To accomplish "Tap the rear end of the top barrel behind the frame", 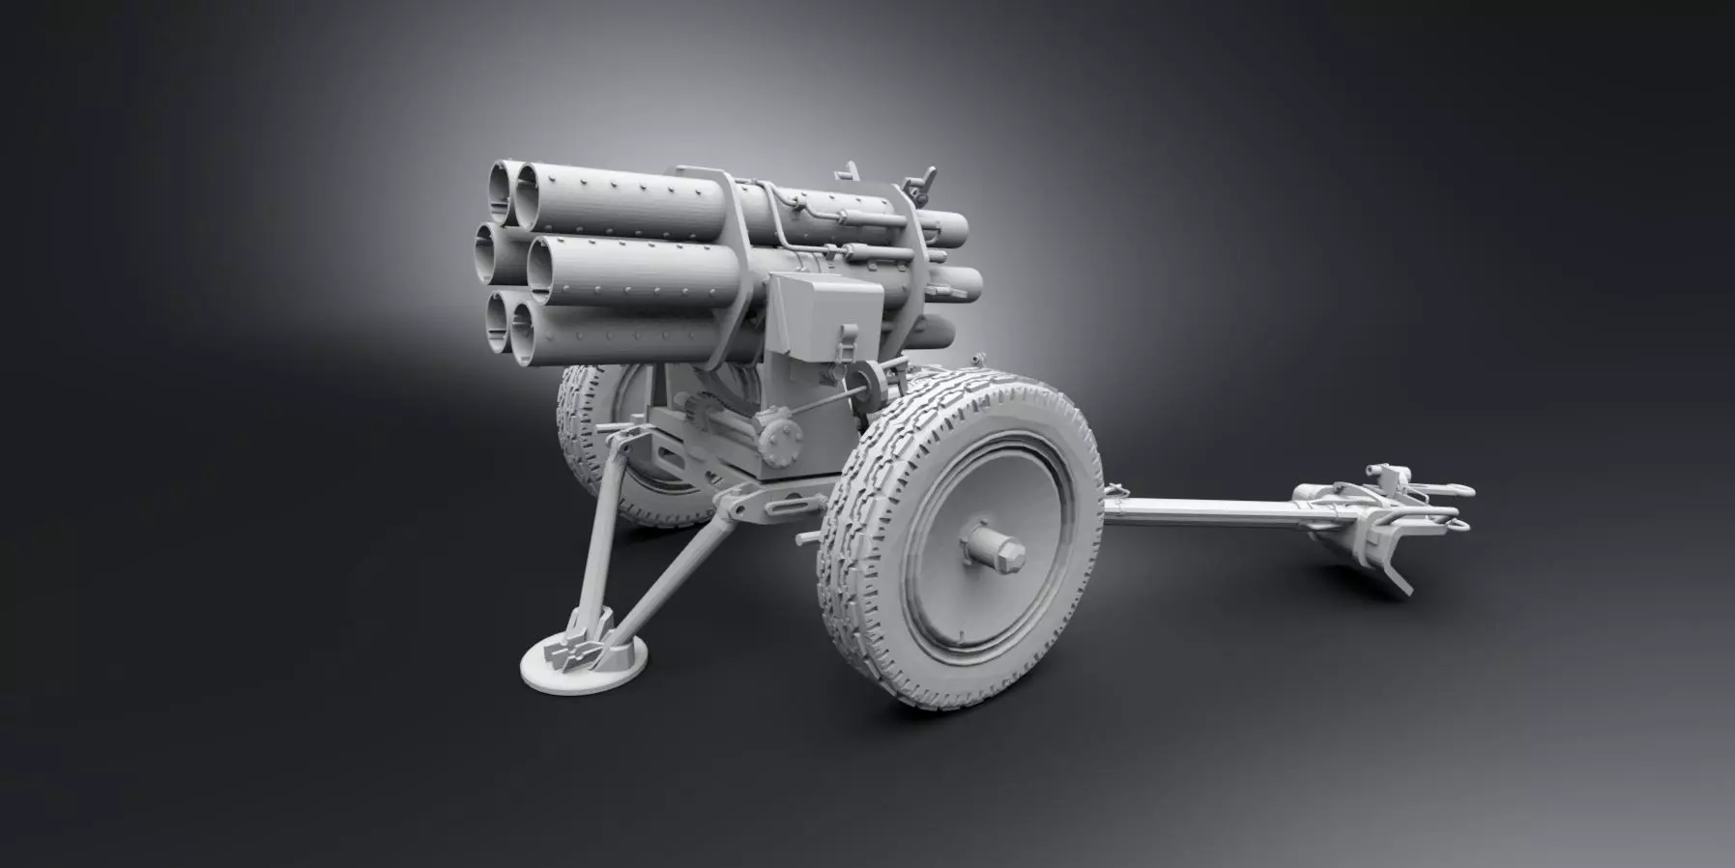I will tap(952, 229).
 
